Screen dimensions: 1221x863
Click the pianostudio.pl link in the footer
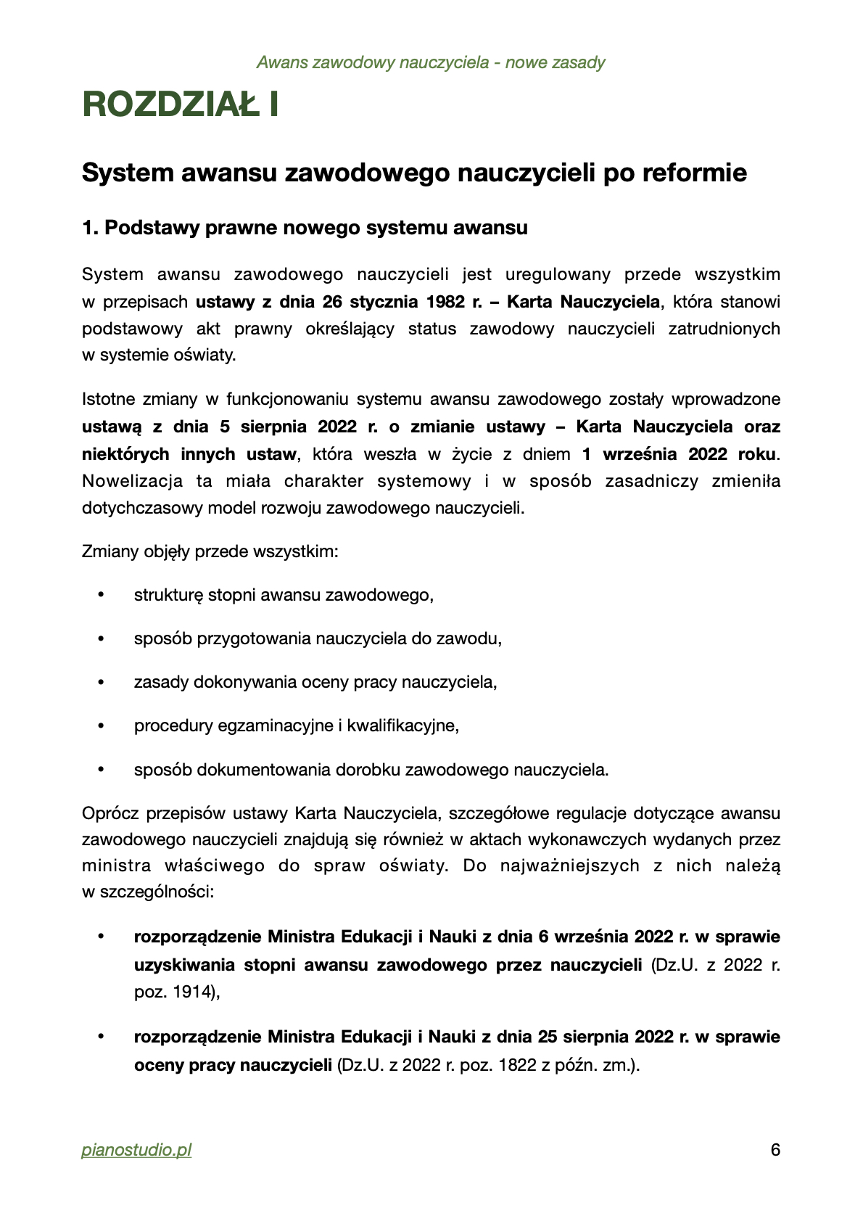click(x=136, y=1150)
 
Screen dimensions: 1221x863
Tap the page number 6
click(x=775, y=1150)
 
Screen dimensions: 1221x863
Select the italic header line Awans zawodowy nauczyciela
click(x=431, y=62)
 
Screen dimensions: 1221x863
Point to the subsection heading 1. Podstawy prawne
click(x=305, y=228)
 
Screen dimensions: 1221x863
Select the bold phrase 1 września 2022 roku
click(x=679, y=454)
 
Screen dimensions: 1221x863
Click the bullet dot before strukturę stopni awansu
click(x=101, y=596)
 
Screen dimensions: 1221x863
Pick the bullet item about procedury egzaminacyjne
click(x=296, y=725)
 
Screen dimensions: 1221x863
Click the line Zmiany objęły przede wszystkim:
click(x=210, y=551)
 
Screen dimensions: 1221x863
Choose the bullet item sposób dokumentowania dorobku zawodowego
click(x=371, y=770)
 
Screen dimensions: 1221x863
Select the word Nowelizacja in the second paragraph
click(x=132, y=481)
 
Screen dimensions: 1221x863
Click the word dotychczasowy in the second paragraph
click(x=143, y=508)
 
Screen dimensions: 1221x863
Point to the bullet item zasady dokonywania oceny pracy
click(x=315, y=682)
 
